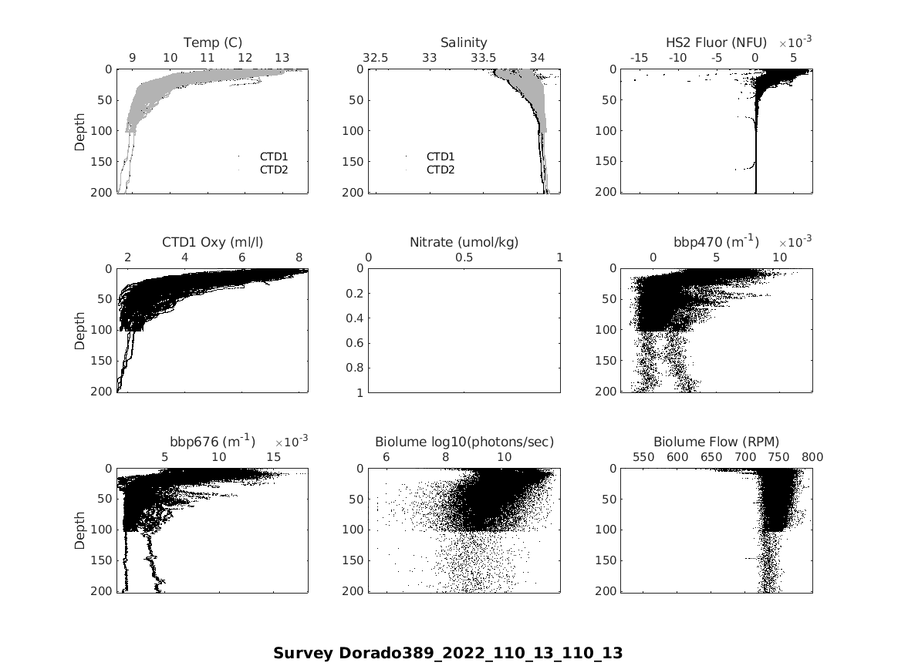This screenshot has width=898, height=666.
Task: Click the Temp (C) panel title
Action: pos(212,42)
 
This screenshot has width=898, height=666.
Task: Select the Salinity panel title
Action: pos(464,42)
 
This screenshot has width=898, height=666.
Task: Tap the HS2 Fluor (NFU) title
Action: pos(716,42)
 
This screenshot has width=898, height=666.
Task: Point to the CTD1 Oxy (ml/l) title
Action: pos(212,242)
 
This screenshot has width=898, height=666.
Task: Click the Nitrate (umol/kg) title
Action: pos(464,242)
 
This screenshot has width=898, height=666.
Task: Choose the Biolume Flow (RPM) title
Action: pos(716,442)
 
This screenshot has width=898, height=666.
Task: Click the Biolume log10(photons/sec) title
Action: pos(464,442)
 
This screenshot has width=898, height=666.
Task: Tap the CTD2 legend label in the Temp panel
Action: pos(274,169)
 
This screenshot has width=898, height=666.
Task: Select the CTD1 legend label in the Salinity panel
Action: pos(441,156)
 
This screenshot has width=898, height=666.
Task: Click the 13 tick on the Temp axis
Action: pos(282,58)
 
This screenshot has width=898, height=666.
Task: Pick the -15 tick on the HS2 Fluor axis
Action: pos(639,58)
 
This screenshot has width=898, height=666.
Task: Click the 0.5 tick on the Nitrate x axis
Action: pos(464,257)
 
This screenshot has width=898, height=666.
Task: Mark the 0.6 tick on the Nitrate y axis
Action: pos(356,343)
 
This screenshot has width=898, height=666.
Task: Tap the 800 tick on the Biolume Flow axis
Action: pos(812,456)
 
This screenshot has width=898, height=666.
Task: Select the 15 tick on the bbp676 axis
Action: pos(274,456)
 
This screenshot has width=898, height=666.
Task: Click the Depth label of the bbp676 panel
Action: pos(80,530)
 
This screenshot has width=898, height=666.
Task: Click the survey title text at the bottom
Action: pos(447,653)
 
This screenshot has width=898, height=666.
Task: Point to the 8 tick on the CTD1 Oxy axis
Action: pos(299,257)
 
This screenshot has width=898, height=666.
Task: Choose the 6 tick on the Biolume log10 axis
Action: pos(387,456)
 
